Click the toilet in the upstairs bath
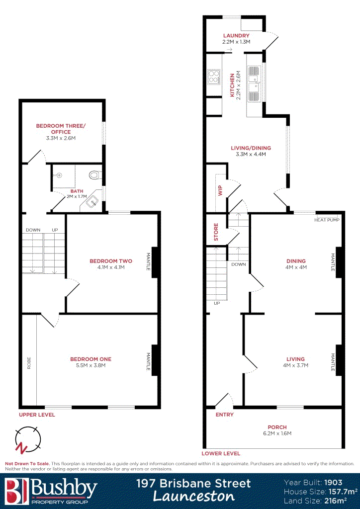(93, 175)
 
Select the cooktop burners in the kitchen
(213, 77)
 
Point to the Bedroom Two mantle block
(155, 262)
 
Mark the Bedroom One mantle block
(155, 360)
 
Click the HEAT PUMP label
(327, 220)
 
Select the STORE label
(216, 232)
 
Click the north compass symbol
(28, 439)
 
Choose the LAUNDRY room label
(236, 36)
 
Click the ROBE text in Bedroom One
(29, 363)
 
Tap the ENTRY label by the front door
(225, 415)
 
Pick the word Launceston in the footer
(194, 496)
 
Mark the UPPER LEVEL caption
(37, 415)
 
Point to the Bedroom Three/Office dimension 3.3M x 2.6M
(61, 138)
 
